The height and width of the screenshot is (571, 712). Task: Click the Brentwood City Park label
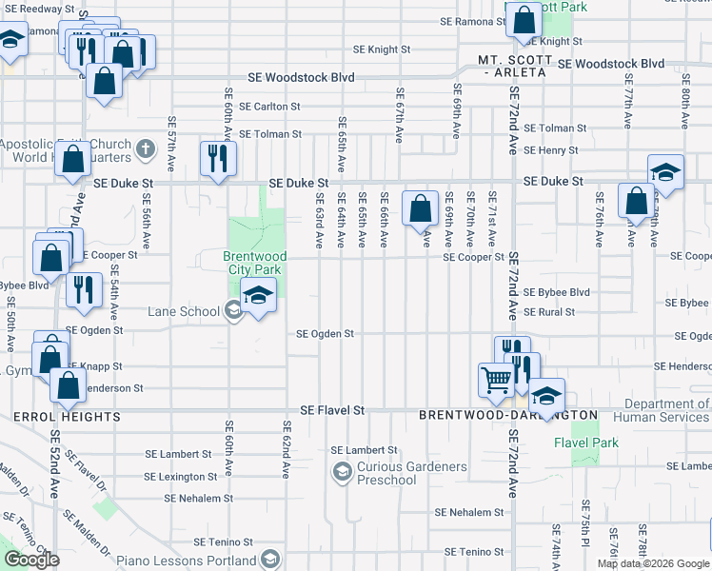coord(254,264)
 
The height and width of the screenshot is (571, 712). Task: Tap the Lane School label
coord(183,311)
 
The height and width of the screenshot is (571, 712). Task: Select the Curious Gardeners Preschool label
coord(411,473)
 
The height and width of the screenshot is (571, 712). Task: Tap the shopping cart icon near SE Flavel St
coord(496,380)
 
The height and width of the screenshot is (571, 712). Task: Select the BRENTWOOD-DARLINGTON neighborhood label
coord(508,416)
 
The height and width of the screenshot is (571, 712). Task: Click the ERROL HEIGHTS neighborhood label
coord(67,417)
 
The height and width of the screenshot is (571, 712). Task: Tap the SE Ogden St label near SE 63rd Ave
coord(325,334)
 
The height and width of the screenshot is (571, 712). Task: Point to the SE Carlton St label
coord(269,107)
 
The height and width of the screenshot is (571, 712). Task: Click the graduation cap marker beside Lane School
coord(257,296)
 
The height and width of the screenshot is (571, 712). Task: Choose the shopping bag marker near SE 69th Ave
coord(420,207)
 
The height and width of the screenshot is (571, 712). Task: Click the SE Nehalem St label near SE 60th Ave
coord(197,498)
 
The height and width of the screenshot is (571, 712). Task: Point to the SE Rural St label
coord(550,312)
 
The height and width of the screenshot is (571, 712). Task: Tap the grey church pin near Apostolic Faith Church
coord(145,148)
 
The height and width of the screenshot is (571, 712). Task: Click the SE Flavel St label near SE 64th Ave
coord(332,410)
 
